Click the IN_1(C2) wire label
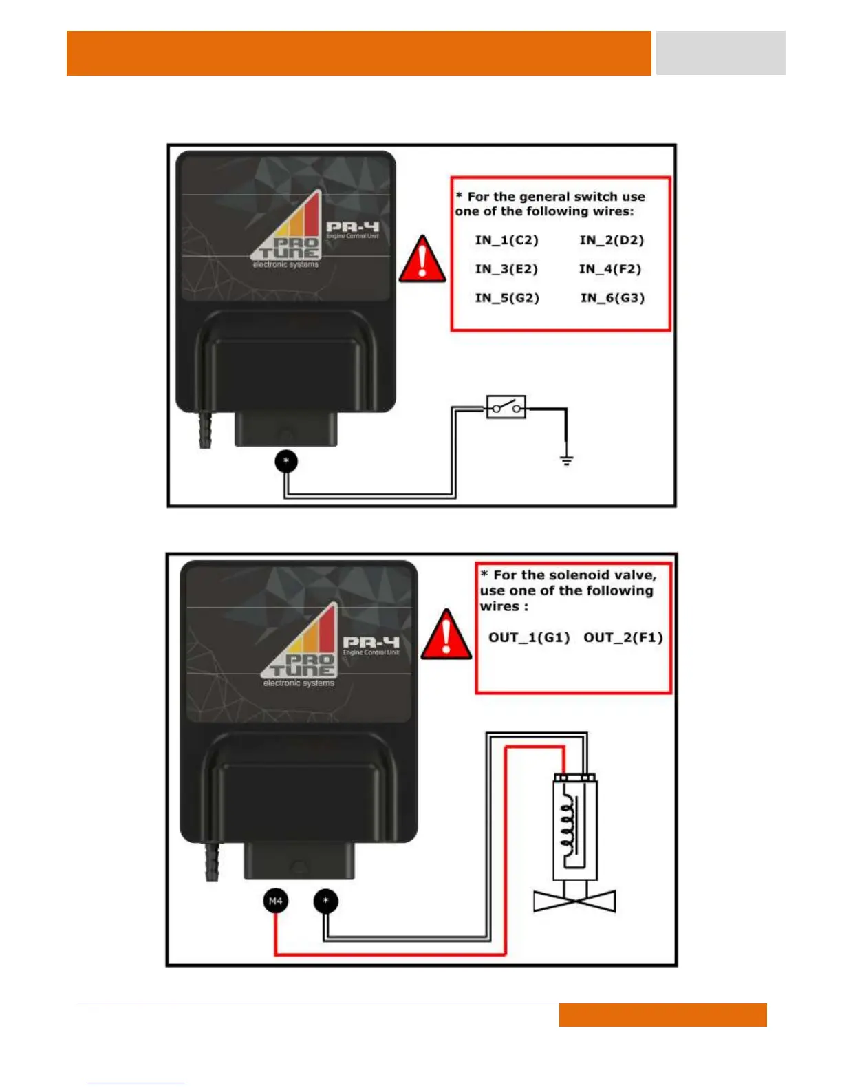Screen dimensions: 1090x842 (x=506, y=240)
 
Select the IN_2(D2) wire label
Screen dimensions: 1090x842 (x=612, y=240)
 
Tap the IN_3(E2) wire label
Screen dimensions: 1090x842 (x=506, y=269)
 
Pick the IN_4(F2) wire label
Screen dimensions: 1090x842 (x=609, y=269)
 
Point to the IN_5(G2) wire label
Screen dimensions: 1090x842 (x=507, y=298)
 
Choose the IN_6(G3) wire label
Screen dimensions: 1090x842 (x=612, y=298)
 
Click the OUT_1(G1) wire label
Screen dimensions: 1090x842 (x=529, y=637)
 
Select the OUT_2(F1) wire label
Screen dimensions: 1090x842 (x=623, y=637)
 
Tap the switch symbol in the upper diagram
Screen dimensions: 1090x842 (x=506, y=407)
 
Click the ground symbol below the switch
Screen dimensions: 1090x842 (x=566, y=460)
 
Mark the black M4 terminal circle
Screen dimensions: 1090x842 (x=275, y=901)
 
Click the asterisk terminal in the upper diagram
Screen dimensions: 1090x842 (x=286, y=460)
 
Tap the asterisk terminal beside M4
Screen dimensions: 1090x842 (x=326, y=901)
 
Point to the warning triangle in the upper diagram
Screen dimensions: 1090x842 (x=422, y=260)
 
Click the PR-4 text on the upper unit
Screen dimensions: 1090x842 (x=352, y=226)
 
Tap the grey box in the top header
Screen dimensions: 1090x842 (x=720, y=53)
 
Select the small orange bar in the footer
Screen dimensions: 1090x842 (x=662, y=1014)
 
